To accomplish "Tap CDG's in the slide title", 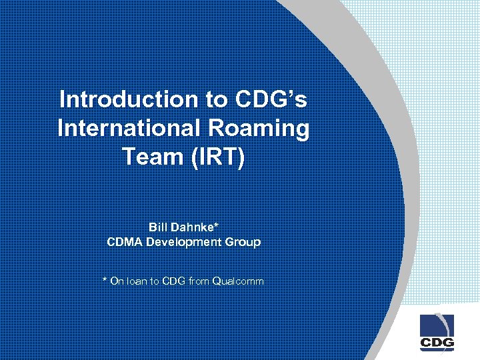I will point(271,99).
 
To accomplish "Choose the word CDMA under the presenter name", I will point(125,241).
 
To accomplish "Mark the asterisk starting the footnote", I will point(105,280).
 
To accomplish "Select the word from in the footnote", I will point(198,281).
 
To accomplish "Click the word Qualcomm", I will point(238,281).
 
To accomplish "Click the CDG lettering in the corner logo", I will point(437,343).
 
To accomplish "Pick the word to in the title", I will point(217,99).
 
